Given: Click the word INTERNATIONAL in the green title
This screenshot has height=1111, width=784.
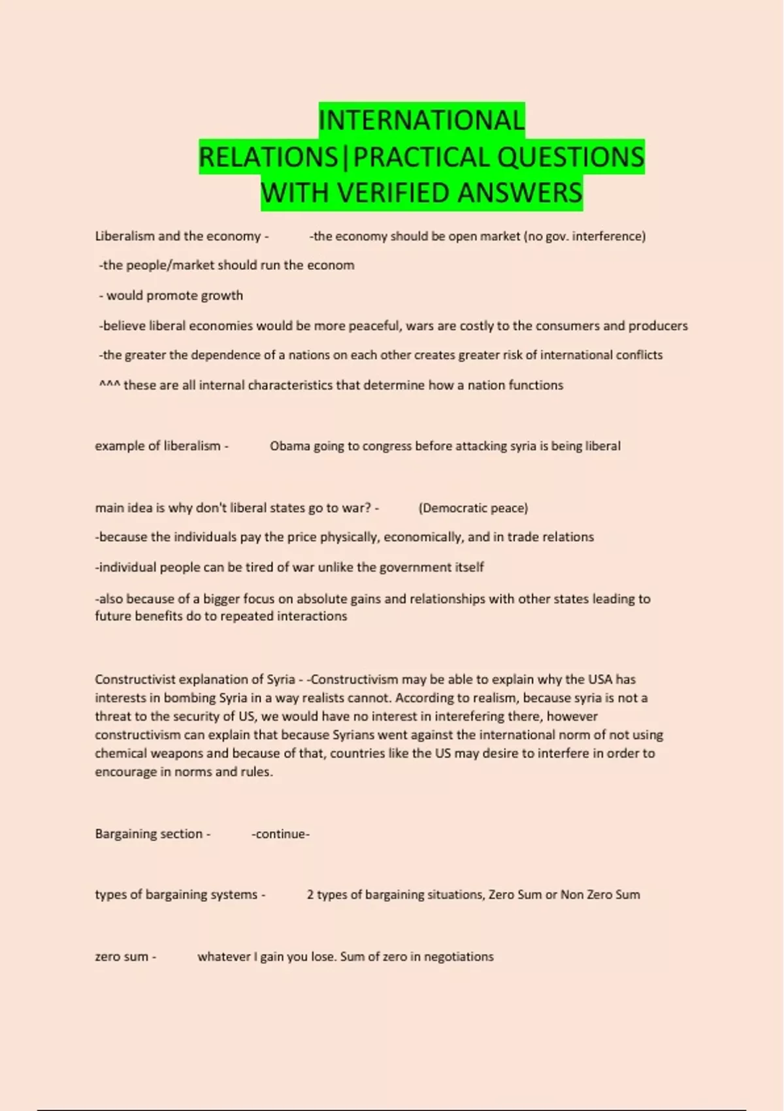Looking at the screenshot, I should coord(421,120).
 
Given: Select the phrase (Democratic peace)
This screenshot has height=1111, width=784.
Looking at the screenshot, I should coord(473,508).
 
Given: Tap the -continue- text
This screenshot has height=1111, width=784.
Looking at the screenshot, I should coord(280,834).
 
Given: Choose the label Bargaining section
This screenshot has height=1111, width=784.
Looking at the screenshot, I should coord(149,834).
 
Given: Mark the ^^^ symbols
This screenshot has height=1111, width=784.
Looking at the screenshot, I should coord(109,386).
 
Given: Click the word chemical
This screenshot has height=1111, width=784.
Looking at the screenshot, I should coord(121,754).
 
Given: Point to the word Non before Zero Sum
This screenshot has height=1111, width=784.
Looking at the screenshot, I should coord(572,895).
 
